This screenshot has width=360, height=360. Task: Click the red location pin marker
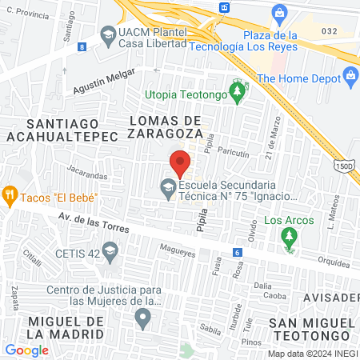tap(180, 162)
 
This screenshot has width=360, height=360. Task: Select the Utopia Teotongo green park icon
tap(237, 94)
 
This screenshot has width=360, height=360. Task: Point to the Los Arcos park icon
tap(288, 237)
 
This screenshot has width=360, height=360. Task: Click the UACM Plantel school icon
tap(108, 35)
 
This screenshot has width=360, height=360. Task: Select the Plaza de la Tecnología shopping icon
tap(279, 14)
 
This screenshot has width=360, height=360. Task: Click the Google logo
tap(26, 350)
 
